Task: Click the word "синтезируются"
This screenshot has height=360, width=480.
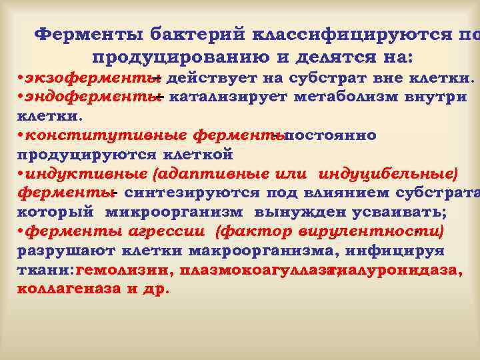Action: point(195,193)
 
